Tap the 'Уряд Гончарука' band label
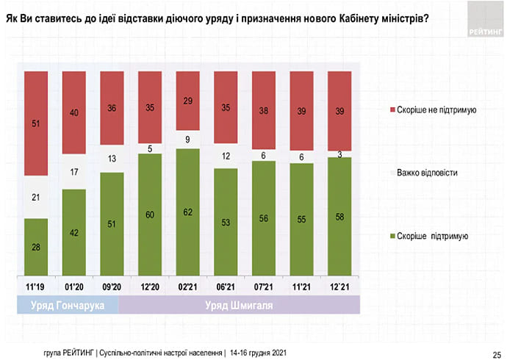pyautogui.click(x=67, y=304)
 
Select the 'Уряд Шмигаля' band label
pyautogui.click(x=239, y=304)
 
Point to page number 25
pyautogui.click(x=496, y=351)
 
